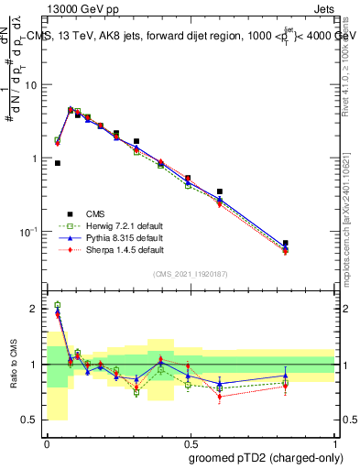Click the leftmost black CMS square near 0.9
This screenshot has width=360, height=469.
(58, 163)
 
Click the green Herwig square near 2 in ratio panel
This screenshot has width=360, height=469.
(58, 305)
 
